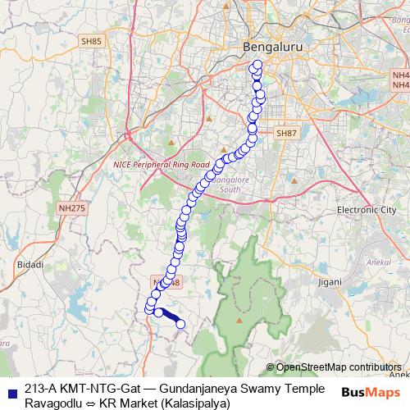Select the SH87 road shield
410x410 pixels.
point(285,133)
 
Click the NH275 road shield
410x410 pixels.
point(71,210)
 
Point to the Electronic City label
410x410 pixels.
point(367,210)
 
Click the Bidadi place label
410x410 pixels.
point(29,265)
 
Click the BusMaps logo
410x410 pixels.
point(370,392)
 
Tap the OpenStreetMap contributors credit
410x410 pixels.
point(339,367)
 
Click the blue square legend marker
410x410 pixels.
point(10,389)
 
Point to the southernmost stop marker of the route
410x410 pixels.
point(181,324)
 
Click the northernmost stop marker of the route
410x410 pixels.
point(257,65)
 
